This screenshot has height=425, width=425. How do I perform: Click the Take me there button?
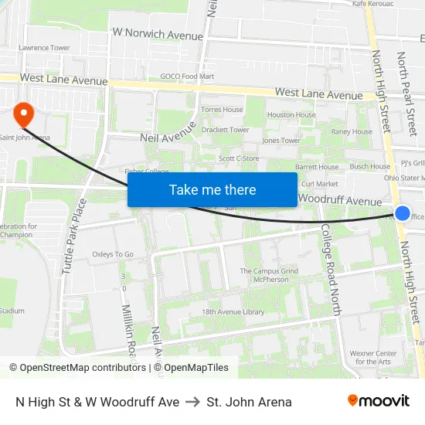point(212,189)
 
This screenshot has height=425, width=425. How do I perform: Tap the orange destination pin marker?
point(24,114)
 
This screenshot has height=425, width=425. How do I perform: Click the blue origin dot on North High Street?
point(403,213)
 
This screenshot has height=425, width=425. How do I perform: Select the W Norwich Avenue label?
point(158,35)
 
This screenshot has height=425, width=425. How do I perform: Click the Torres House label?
point(222,110)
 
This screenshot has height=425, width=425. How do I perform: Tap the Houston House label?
point(291,115)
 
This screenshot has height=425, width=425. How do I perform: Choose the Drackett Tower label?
point(225,130)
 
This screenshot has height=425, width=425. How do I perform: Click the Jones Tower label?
point(281,141)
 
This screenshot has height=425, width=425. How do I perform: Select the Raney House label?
point(352,132)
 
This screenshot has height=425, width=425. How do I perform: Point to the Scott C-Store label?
point(239,158)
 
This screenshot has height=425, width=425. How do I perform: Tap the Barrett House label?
point(317,167)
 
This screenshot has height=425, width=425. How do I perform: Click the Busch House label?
point(369,166)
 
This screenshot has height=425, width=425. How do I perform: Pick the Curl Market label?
point(319,184)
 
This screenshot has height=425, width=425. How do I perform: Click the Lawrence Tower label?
point(44,48)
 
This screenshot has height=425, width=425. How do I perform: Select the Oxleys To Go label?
point(113,254)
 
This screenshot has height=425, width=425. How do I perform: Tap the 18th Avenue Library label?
point(233,312)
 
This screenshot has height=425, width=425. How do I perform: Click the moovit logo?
point(378,401)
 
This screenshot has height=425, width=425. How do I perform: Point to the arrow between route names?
point(193,402)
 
